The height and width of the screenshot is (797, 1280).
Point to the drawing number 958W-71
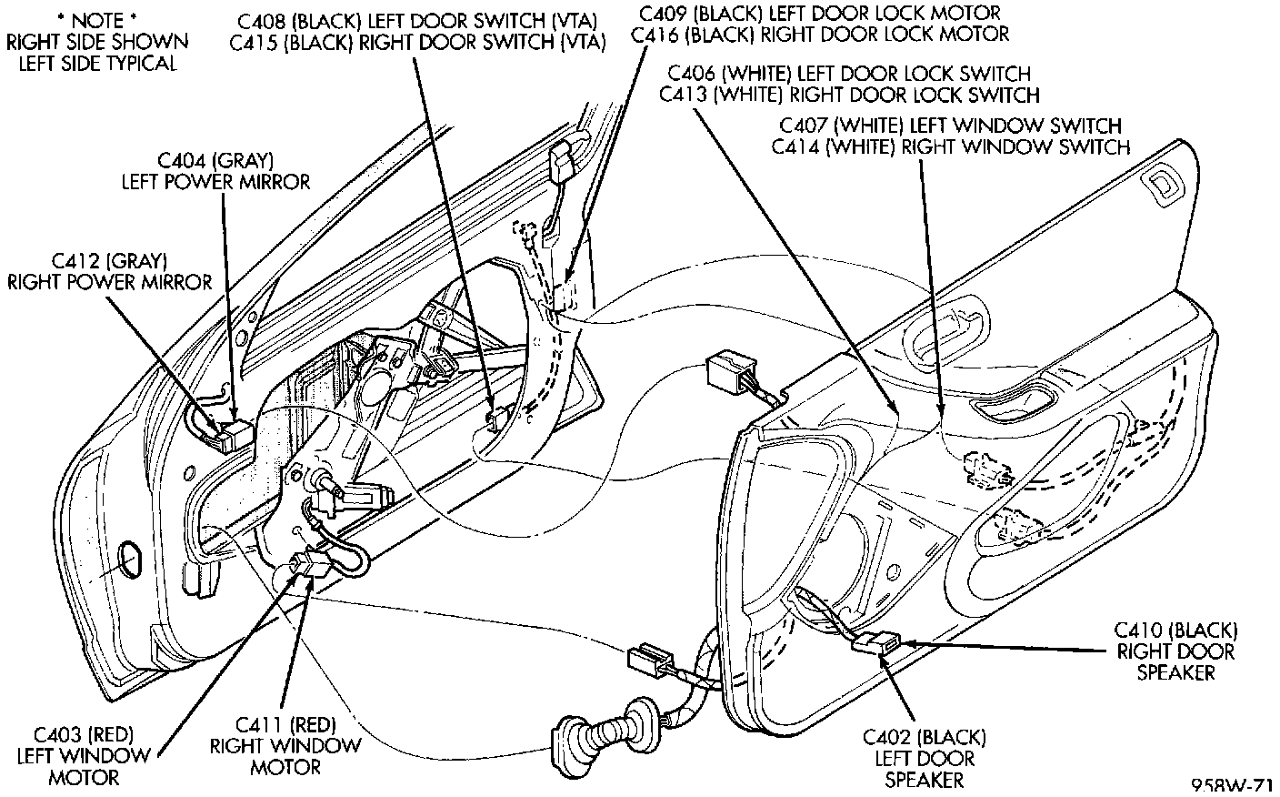(1232, 786)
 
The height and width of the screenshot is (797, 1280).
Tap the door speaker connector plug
(875, 642)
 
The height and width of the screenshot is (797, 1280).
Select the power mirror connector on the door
(230, 434)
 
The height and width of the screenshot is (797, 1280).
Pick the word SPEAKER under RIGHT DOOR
(1181, 673)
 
